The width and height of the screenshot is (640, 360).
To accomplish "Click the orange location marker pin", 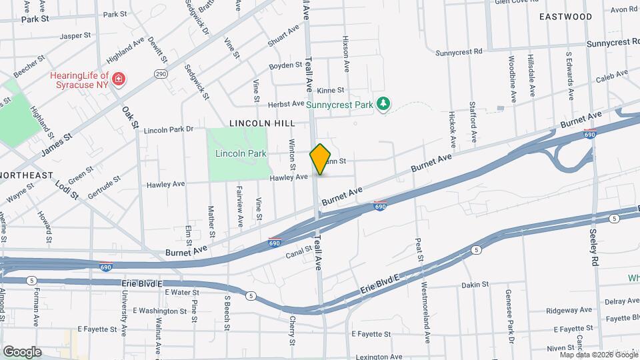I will pyautogui.click(x=321, y=159).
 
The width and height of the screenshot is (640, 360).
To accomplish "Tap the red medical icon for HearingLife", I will pyautogui.click(x=119, y=80).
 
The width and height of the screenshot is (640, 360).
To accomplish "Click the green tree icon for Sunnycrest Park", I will pyautogui.click(x=383, y=104).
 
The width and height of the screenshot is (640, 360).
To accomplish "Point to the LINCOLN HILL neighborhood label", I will pyautogui.click(x=261, y=123).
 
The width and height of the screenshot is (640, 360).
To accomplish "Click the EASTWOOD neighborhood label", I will pyautogui.click(x=565, y=16).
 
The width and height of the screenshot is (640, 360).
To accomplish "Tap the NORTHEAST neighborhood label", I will pyautogui.click(x=27, y=175).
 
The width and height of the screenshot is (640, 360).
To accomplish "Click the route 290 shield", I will pyautogui.click(x=160, y=73).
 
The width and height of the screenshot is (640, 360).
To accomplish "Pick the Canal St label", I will pyautogui.click(x=299, y=252).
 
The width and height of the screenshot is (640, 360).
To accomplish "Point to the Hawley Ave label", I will pyautogui.click(x=289, y=177).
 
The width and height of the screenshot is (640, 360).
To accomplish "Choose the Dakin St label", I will pyautogui.click(x=475, y=284).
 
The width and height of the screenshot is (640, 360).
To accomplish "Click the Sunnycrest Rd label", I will pyautogui.click(x=459, y=51).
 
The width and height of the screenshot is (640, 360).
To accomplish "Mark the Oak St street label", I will pyautogui.click(x=130, y=117).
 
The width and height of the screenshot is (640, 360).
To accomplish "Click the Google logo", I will pyautogui.click(x=22, y=351).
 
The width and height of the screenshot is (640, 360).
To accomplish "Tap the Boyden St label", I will pyautogui.click(x=286, y=66).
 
